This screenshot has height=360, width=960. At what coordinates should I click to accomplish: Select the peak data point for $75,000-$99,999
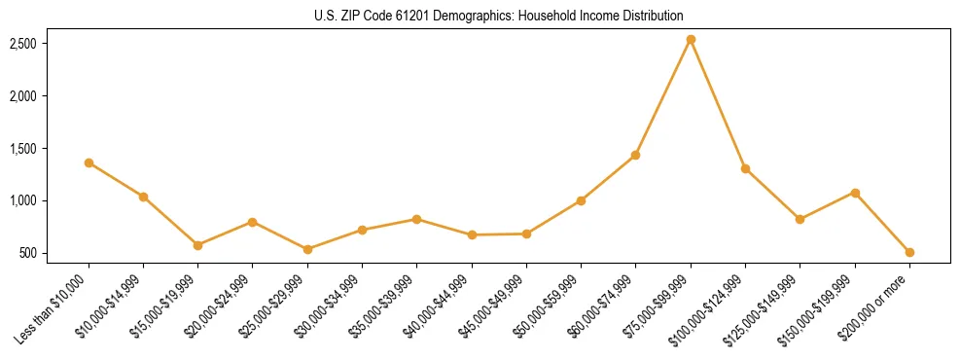[691, 40]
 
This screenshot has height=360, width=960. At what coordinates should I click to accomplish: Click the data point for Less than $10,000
[89, 162]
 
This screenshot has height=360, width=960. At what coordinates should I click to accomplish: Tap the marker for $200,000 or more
[909, 252]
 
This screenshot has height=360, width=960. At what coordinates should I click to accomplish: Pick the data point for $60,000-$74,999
[635, 155]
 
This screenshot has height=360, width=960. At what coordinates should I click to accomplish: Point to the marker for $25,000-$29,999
[307, 249]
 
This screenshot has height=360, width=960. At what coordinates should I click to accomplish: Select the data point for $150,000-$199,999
[855, 193]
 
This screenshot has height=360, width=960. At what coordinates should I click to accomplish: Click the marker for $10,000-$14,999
[143, 197]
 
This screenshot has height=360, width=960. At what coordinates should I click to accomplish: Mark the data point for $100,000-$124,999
[745, 168]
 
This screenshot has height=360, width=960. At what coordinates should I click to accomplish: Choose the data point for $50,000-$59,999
[581, 200]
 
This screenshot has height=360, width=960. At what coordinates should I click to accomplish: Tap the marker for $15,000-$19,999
[197, 245]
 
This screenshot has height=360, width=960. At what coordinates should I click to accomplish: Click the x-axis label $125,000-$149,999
[765, 307]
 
